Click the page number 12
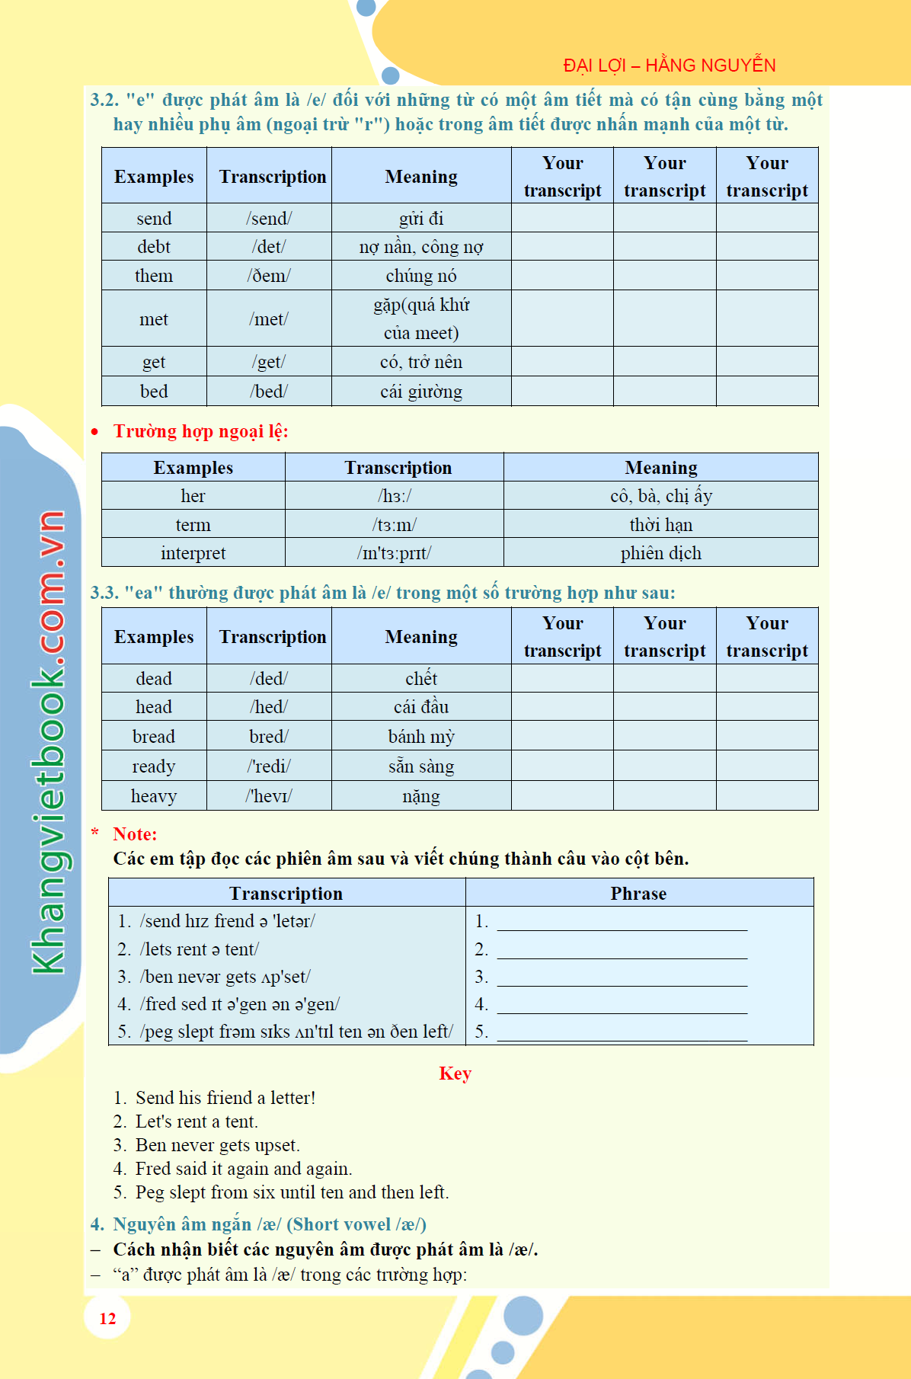pos(107,1319)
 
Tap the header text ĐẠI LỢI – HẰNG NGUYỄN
pos(669,66)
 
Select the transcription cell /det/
pos(269,247)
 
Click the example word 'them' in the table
pos(154,276)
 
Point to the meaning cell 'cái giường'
pos(420,392)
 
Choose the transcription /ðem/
pos(269,276)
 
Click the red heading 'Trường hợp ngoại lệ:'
pos(200,431)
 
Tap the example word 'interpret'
pos(193,553)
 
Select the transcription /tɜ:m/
pos(394,525)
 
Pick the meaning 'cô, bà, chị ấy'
pos(660,496)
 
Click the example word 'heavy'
pos(154,796)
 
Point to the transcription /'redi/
pos(269,766)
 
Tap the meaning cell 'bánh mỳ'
pos(420,737)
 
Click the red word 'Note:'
pos(135,834)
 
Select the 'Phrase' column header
pos(638,893)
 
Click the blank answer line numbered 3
pos(622,978)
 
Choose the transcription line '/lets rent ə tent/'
pos(200,949)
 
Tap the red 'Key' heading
pos(455,1073)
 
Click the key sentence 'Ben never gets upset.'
pos(217,1145)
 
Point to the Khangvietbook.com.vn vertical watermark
pos(47,743)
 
